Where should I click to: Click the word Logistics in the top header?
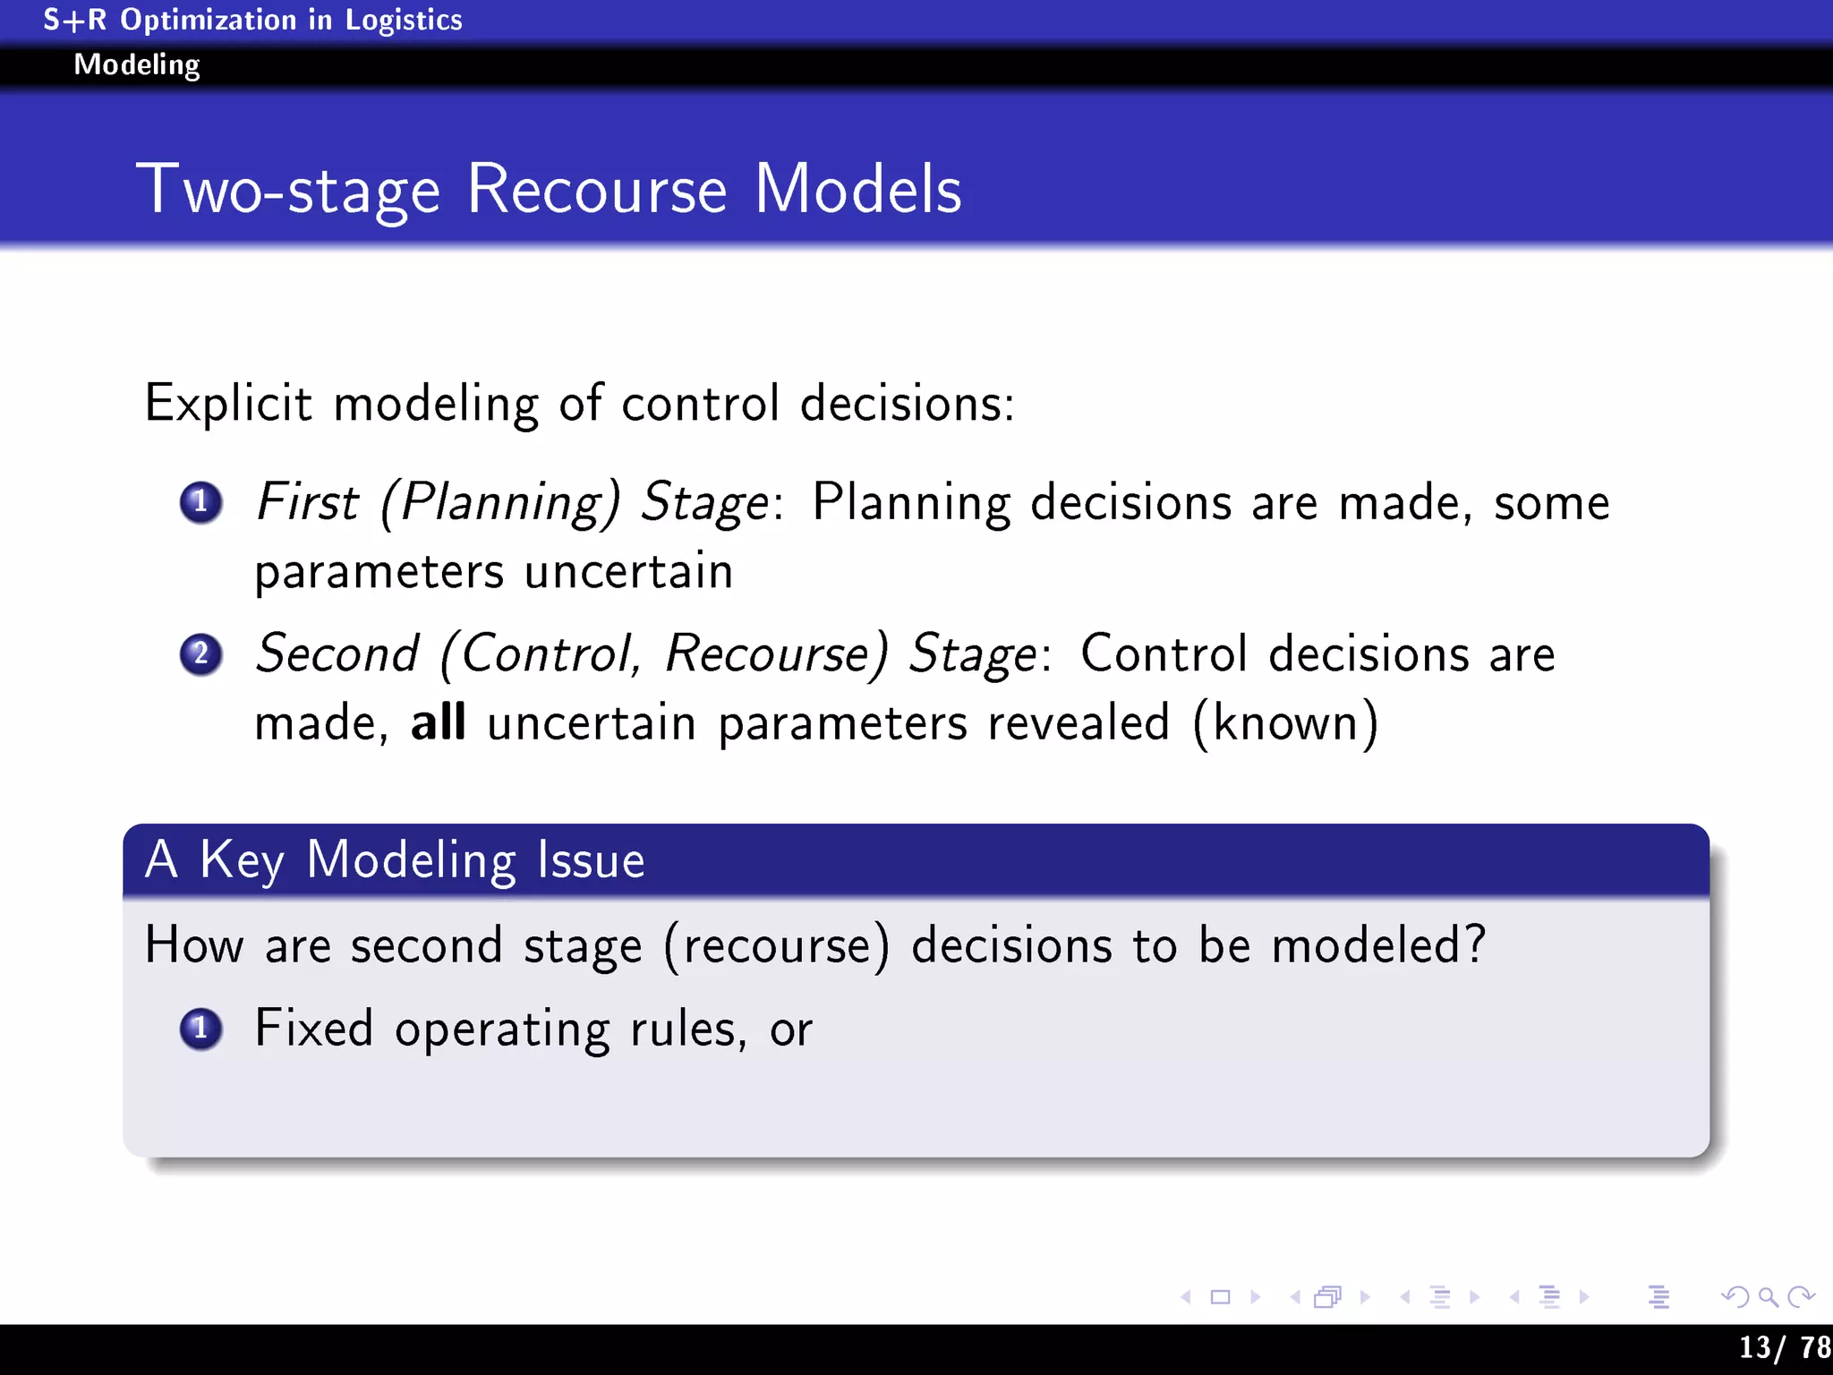(x=404, y=20)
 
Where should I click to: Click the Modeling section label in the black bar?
(x=137, y=64)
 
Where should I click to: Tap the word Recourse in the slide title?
(x=597, y=190)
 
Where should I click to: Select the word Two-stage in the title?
(x=288, y=190)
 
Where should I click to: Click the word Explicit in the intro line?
(x=228, y=403)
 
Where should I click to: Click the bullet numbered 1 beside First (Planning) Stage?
(x=200, y=502)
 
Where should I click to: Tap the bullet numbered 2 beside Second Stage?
(x=200, y=654)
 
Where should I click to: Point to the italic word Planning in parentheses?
(x=500, y=502)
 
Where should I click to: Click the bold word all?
(x=438, y=722)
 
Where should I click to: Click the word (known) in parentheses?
(x=1285, y=722)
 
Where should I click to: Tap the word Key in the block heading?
(x=242, y=860)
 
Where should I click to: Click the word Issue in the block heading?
(x=591, y=860)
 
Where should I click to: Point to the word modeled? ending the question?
(x=1378, y=945)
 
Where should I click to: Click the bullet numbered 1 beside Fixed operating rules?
(x=200, y=1029)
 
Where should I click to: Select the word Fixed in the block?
(x=313, y=1028)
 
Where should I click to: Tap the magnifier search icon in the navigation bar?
(x=1768, y=1296)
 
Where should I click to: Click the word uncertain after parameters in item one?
(x=628, y=572)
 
